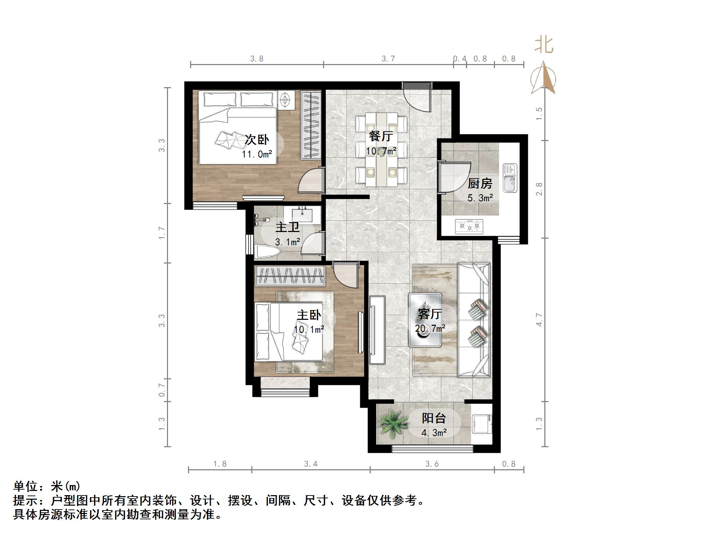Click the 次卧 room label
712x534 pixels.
pyautogui.click(x=257, y=140)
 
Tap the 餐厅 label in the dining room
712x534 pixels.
pyautogui.click(x=381, y=136)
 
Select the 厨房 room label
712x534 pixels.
pyautogui.click(x=480, y=183)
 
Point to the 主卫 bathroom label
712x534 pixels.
pyautogui.click(x=287, y=227)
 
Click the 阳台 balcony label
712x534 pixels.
pyautogui.click(x=434, y=418)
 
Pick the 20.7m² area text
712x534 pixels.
pyautogui.click(x=430, y=329)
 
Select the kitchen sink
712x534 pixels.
pyautogui.click(x=510, y=178)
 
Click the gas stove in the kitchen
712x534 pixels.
pyautogui.click(x=469, y=226)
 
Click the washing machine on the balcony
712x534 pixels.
pyautogui.click(x=482, y=424)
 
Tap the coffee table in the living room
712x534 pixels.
pyautogui.click(x=425, y=320)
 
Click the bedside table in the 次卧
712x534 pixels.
pyautogui.click(x=286, y=100)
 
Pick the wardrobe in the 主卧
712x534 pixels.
pyautogui.click(x=289, y=276)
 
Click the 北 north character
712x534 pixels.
pyautogui.click(x=544, y=45)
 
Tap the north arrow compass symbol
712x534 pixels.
pyautogui.click(x=543, y=79)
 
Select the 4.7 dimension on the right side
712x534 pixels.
pyautogui.click(x=539, y=320)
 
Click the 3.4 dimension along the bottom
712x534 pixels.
pyautogui.click(x=310, y=464)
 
